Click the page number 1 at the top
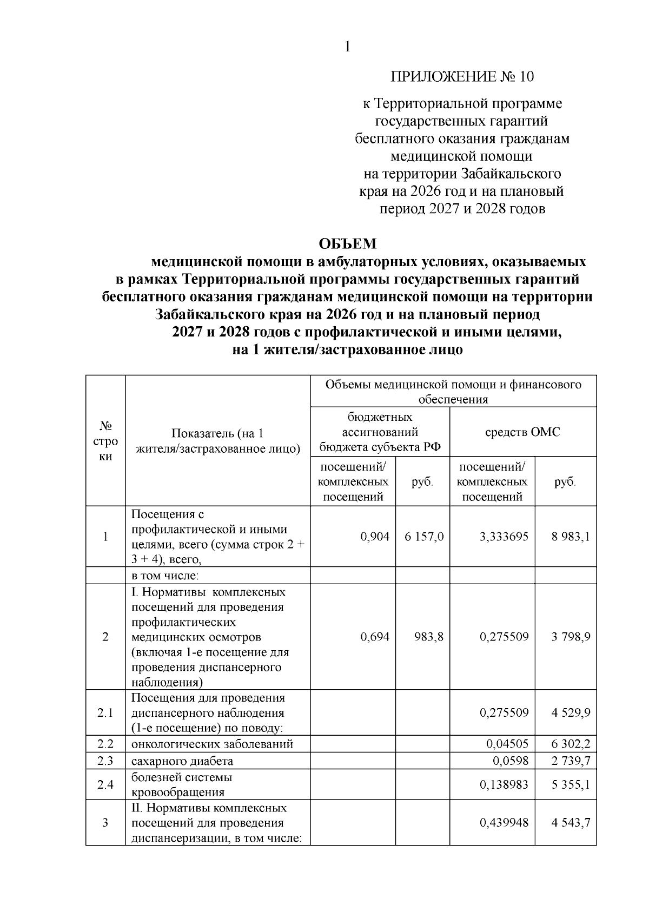tap(348, 47)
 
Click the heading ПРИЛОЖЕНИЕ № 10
tap(462, 77)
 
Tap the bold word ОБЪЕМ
tap(348, 244)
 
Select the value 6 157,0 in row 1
tap(424, 537)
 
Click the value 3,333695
tap(504, 537)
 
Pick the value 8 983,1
tap(571, 537)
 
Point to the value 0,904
tap(375, 537)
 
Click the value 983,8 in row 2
tap(428, 637)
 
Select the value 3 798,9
tap(571, 637)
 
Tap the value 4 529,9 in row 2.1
tap(571, 712)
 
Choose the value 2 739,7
tap(571, 761)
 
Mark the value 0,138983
tap(504, 785)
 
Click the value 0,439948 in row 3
tap(504, 823)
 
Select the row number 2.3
tap(105, 761)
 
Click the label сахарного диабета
tap(182, 761)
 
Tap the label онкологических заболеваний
tap(212, 744)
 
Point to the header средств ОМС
tap(522, 432)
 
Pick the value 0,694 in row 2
tap(375, 637)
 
